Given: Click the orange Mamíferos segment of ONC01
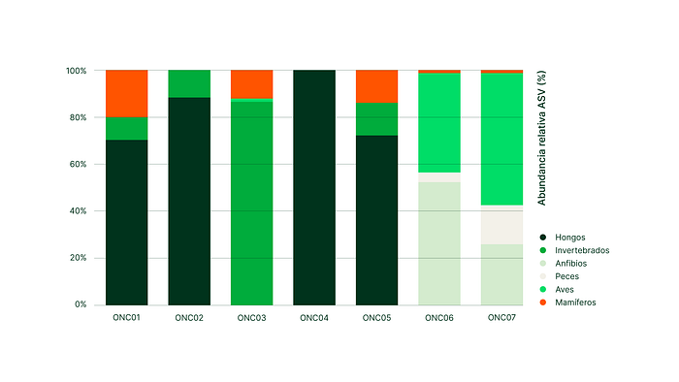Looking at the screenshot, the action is point(126,93).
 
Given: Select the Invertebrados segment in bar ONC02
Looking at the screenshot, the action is point(189,84).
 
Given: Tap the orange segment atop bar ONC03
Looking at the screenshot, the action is point(251,84).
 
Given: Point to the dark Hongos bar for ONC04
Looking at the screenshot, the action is point(314,187).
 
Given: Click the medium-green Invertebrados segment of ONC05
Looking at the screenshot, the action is point(376,119).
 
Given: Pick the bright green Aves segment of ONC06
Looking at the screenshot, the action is point(439,123).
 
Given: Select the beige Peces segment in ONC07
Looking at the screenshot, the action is point(501,225).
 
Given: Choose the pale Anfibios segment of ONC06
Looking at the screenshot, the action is point(439,243).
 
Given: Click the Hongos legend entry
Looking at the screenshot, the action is point(563,238).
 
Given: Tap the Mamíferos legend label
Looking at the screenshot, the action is point(575,302).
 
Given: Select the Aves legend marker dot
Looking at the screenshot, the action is point(542,289).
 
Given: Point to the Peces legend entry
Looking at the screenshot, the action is point(559,276).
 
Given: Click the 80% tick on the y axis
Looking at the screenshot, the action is point(78,117).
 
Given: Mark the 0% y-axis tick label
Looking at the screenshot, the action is point(81,304).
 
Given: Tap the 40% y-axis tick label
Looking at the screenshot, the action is point(78,211).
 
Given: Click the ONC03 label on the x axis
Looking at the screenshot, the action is point(251,318).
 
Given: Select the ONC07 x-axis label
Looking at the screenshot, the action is point(501,318).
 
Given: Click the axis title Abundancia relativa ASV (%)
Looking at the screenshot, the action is point(541,138).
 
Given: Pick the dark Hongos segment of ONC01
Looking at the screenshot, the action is point(126,222).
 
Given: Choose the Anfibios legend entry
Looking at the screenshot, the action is point(564,263).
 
